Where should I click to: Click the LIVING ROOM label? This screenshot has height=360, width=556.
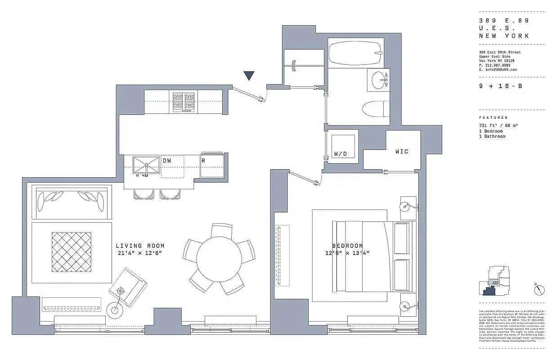pos(140,246)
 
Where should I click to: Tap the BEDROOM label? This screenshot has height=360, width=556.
pos(347,246)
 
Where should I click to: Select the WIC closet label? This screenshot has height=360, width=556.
pos(402,152)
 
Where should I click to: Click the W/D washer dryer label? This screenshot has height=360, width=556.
pos(341,154)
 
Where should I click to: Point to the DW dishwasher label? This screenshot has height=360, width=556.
pos(167,161)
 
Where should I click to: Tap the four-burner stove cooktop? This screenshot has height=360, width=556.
pos(184,102)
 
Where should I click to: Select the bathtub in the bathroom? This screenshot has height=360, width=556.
pos(354,53)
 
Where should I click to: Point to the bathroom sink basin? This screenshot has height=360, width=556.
pos(377,81)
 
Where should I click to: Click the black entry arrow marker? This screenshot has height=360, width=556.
pos(249,76)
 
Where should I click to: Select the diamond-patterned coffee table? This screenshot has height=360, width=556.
pos(72,252)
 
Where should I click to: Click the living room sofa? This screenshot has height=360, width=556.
pos(72,202)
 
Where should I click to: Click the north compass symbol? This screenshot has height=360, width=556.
pos(540,290)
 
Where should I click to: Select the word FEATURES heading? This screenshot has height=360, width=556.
pos(493,117)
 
